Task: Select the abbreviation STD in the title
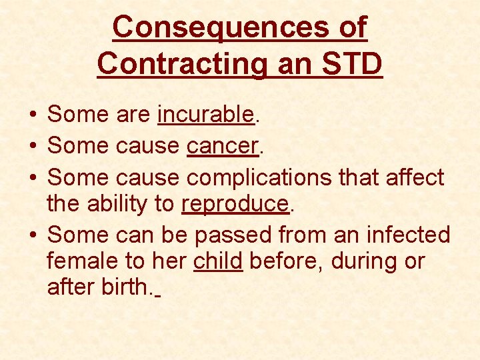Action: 353,65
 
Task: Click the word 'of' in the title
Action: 351,28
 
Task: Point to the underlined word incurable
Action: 206,115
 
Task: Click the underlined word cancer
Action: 223,145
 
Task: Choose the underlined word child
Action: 218,261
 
